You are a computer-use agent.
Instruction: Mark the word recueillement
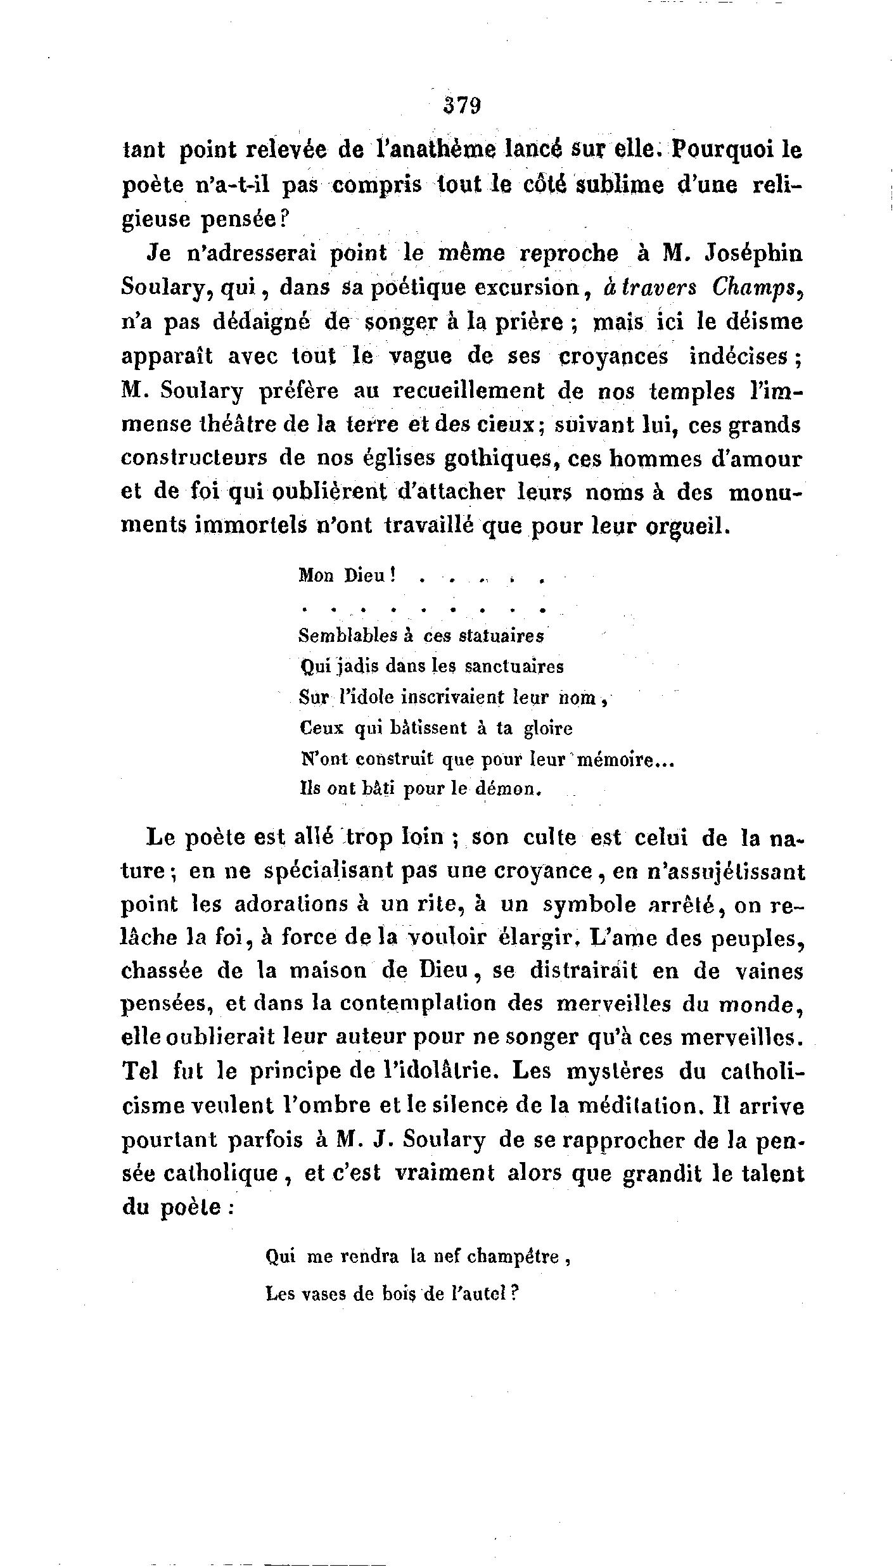click(469, 391)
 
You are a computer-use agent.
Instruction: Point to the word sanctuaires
click(514, 667)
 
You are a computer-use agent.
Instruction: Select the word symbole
click(590, 904)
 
